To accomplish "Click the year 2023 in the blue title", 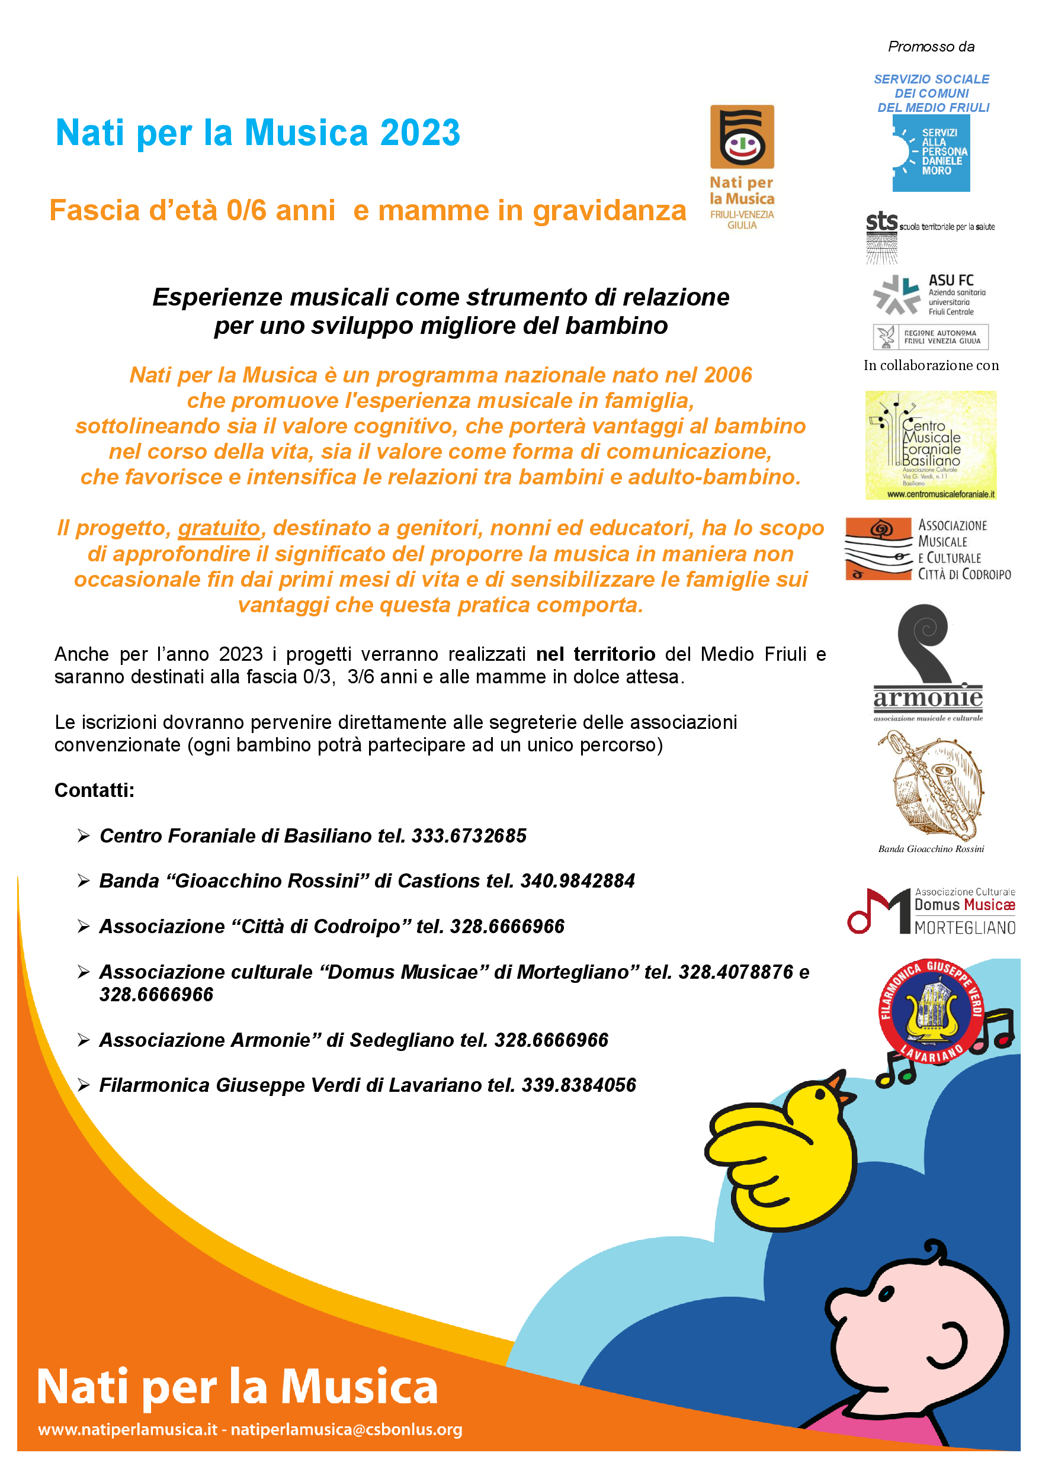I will tap(420, 133).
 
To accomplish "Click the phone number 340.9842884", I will tap(578, 881).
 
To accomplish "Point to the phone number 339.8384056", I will tap(579, 1085).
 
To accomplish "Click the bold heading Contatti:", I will tap(94, 790).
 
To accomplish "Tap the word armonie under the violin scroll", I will tap(928, 697).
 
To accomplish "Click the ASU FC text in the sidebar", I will tap(951, 280).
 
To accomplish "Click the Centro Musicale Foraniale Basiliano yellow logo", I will tap(931, 445).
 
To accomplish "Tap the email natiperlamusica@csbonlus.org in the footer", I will tap(347, 1430).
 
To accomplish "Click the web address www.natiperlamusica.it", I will tap(128, 1430).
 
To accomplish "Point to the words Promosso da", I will tap(931, 47).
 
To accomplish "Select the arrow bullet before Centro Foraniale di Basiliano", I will tap(83, 835).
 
